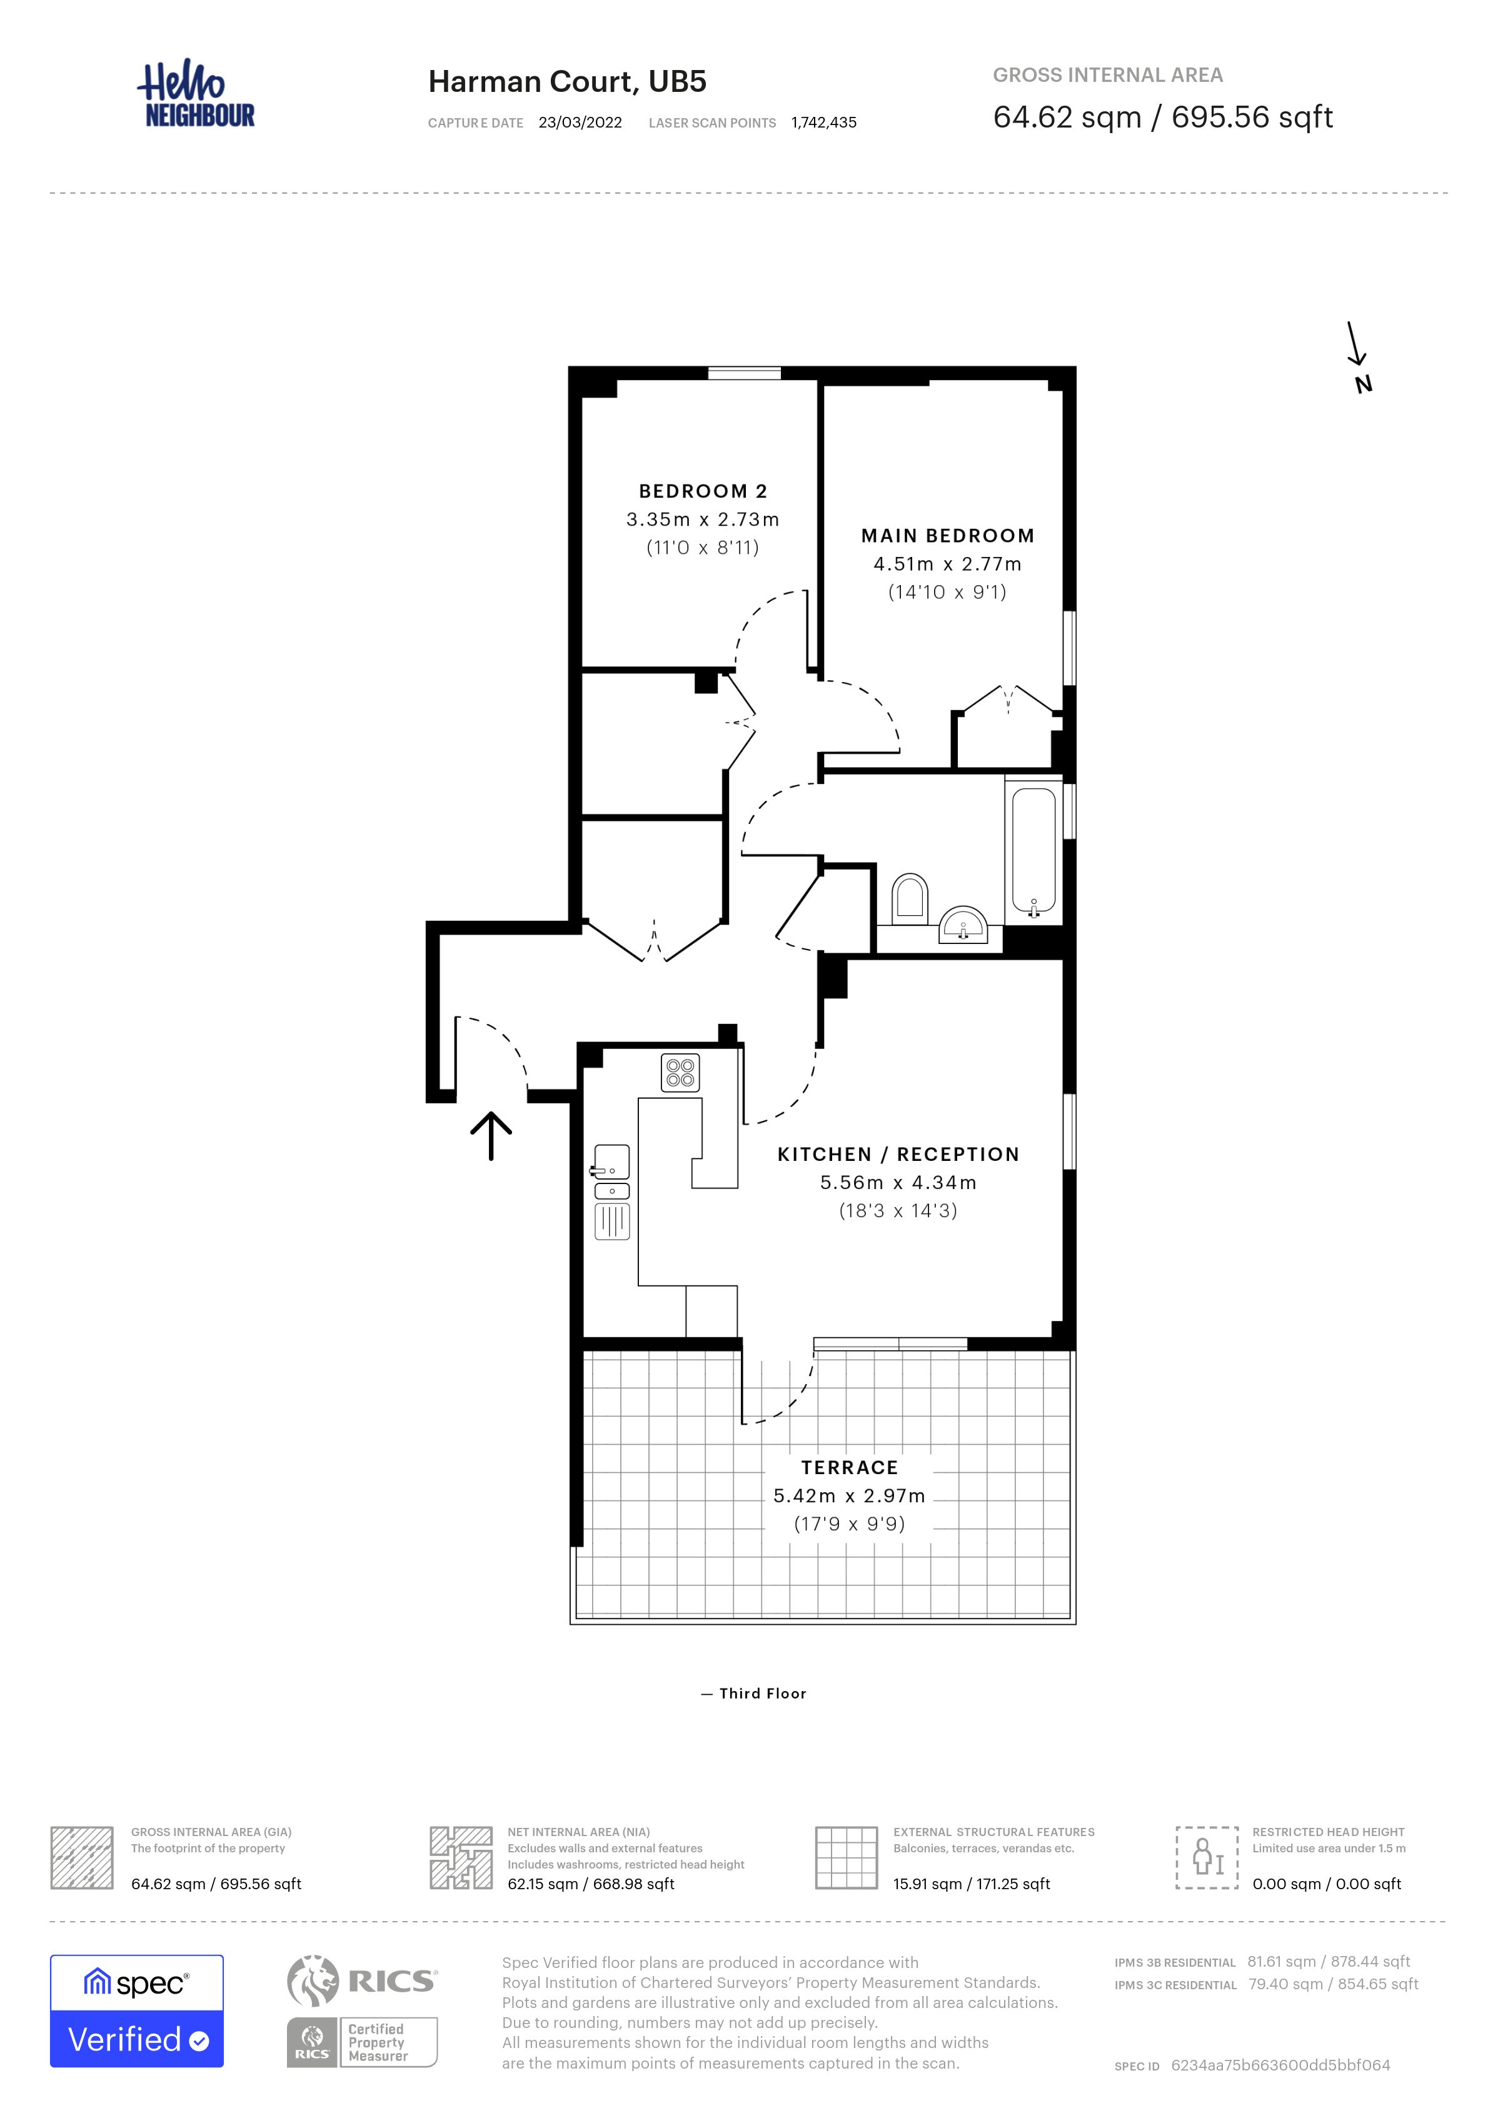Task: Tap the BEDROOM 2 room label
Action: click(x=703, y=491)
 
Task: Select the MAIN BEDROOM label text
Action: click(x=947, y=536)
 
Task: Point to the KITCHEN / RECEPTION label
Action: click(x=898, y=1154)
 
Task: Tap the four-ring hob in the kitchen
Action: click(x=681, y=1073)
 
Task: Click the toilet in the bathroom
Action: click(x=910, y=898)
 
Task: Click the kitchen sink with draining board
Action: click(x=611, y=1192)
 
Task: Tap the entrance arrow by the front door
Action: click(x=491, y=1135)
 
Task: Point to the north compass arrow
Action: click(x=1354, y=343)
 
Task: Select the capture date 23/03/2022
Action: click(x=580, y=123)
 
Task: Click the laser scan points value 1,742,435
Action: click(x=824, y=123)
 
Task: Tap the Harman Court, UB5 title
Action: click(x=567, y=81)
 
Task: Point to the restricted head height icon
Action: click(x=1207, y=1858)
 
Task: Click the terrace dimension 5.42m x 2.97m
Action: click(x=848, y=1496)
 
